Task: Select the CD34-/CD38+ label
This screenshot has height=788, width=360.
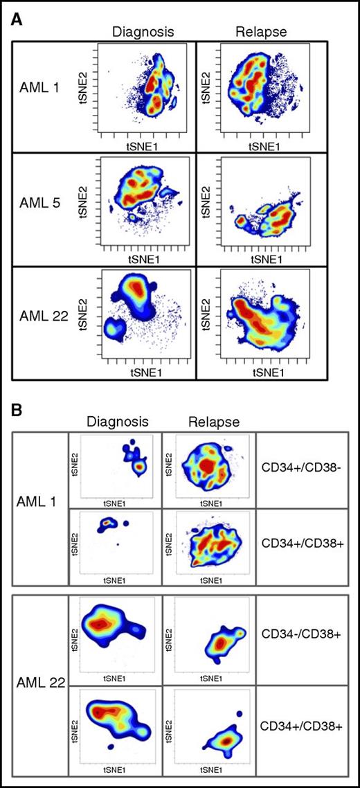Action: [300, 633]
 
